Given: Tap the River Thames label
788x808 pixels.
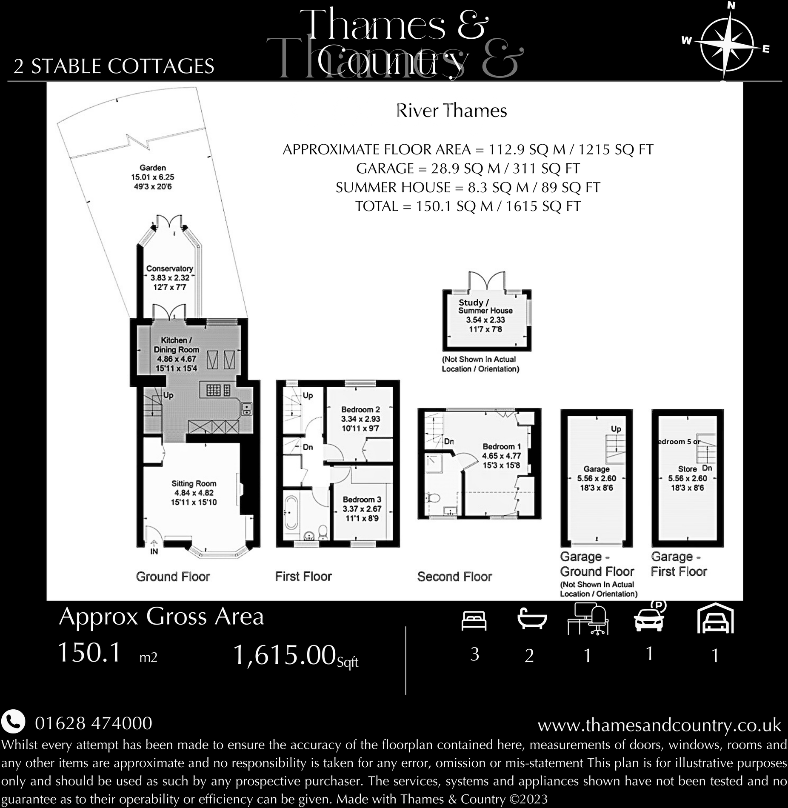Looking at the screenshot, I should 451,111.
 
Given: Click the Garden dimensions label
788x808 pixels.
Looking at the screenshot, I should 152,177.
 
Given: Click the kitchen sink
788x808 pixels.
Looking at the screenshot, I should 246,408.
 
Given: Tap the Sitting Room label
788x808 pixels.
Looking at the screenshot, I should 194,493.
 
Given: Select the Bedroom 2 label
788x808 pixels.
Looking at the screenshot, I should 360,419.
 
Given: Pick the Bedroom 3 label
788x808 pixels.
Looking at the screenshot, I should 362,509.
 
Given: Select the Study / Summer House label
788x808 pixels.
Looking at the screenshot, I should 485,315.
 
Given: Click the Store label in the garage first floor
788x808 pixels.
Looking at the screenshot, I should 687,469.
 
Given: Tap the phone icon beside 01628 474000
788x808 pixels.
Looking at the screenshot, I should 13,722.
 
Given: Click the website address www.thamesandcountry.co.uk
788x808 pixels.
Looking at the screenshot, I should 659,725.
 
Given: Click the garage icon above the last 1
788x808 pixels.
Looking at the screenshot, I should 715,619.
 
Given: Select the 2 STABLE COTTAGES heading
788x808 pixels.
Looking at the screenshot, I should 114,67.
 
